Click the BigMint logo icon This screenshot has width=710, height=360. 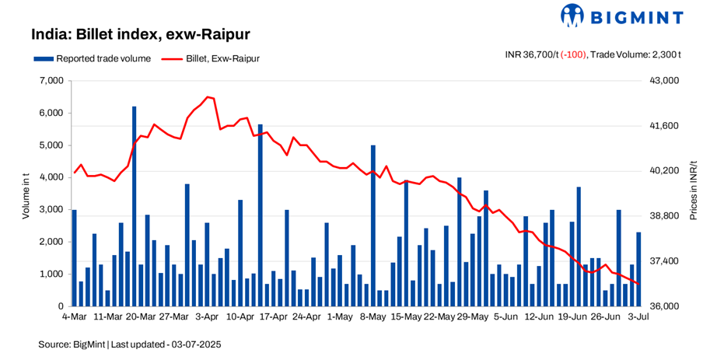572,15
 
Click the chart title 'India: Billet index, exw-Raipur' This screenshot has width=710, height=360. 140,35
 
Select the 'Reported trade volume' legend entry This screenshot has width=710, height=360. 85,58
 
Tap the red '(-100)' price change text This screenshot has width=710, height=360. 574,54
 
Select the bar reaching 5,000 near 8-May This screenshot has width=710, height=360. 373,225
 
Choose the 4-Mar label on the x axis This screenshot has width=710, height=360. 75,317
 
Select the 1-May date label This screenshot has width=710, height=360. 340,317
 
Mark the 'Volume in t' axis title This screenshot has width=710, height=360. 26,194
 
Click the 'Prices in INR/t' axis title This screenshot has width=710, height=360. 692,194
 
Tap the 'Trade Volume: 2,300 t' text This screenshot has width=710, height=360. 637,54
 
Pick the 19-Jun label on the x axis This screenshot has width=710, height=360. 573,317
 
